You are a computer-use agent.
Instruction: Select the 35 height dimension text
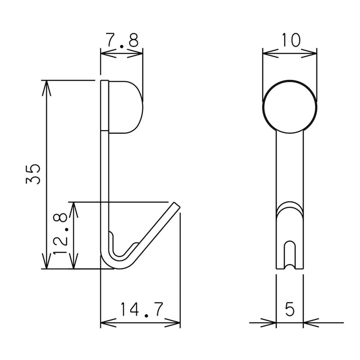coord(34,174)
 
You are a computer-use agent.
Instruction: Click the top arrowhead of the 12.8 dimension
coord(75,207)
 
